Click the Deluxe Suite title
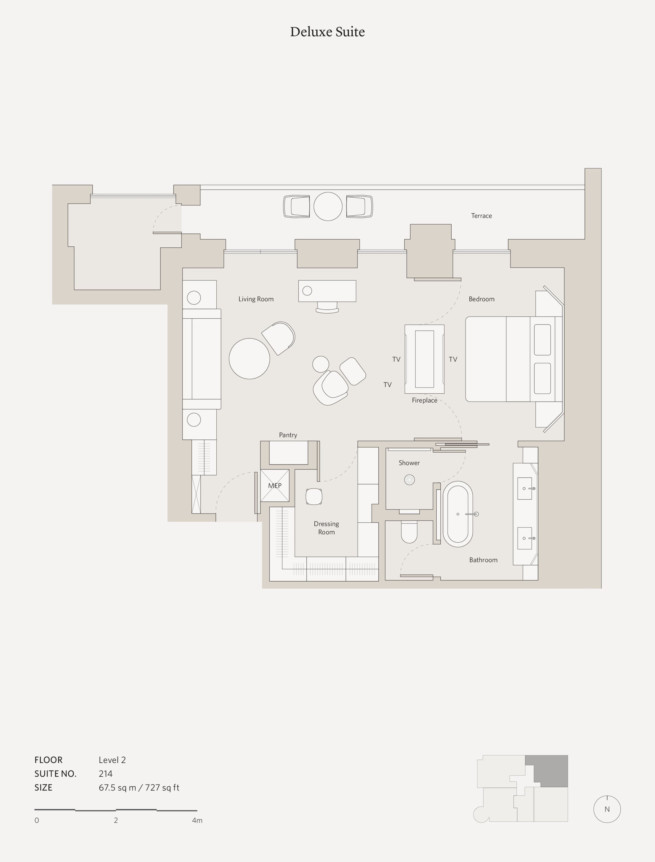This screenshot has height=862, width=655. [x=327, y=32]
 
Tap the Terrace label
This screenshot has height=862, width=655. [x=482, y=216]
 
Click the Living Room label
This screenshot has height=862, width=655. [x=256, y=299]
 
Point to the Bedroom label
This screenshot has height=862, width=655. [x=482, y=299]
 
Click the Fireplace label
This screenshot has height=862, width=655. [x=425, y=400]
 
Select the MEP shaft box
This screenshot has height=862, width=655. [x=275, y=485]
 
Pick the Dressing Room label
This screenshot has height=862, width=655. [x=326, y=528]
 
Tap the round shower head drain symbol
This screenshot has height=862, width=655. [x=409, y=480]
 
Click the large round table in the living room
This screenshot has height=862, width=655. [x=249, y=359]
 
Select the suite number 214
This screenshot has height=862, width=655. [x=106, y=773]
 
